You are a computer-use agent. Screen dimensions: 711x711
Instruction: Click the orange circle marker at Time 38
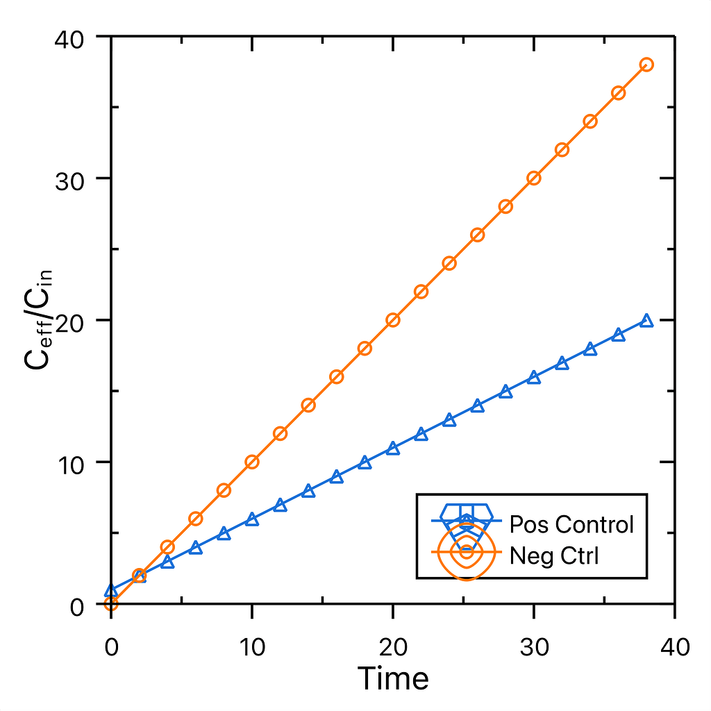point(646,65)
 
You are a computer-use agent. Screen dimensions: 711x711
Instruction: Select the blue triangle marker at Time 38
point(646,321)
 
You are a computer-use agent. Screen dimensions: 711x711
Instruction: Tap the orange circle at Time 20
point(393,320)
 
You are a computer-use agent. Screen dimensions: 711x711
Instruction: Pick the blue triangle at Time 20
point(393,449)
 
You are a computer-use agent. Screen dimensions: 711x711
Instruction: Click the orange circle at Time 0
point(111,604)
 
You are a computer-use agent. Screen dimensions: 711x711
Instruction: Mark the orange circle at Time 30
point(534,178)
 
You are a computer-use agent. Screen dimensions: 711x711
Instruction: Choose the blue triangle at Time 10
point(252,519)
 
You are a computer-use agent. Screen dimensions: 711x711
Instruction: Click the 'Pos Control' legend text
point(571,524)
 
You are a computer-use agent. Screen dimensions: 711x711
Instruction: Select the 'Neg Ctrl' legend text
point(553,555)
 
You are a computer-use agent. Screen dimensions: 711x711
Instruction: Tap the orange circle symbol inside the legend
point(467,552)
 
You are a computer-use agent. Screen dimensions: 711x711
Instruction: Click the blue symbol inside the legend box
point(467,519)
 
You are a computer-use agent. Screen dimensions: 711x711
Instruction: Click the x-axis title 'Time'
point(393,678)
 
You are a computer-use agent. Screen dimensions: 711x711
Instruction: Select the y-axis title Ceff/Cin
point(41,320)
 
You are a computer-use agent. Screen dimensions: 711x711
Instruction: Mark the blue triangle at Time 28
point(505,392)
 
